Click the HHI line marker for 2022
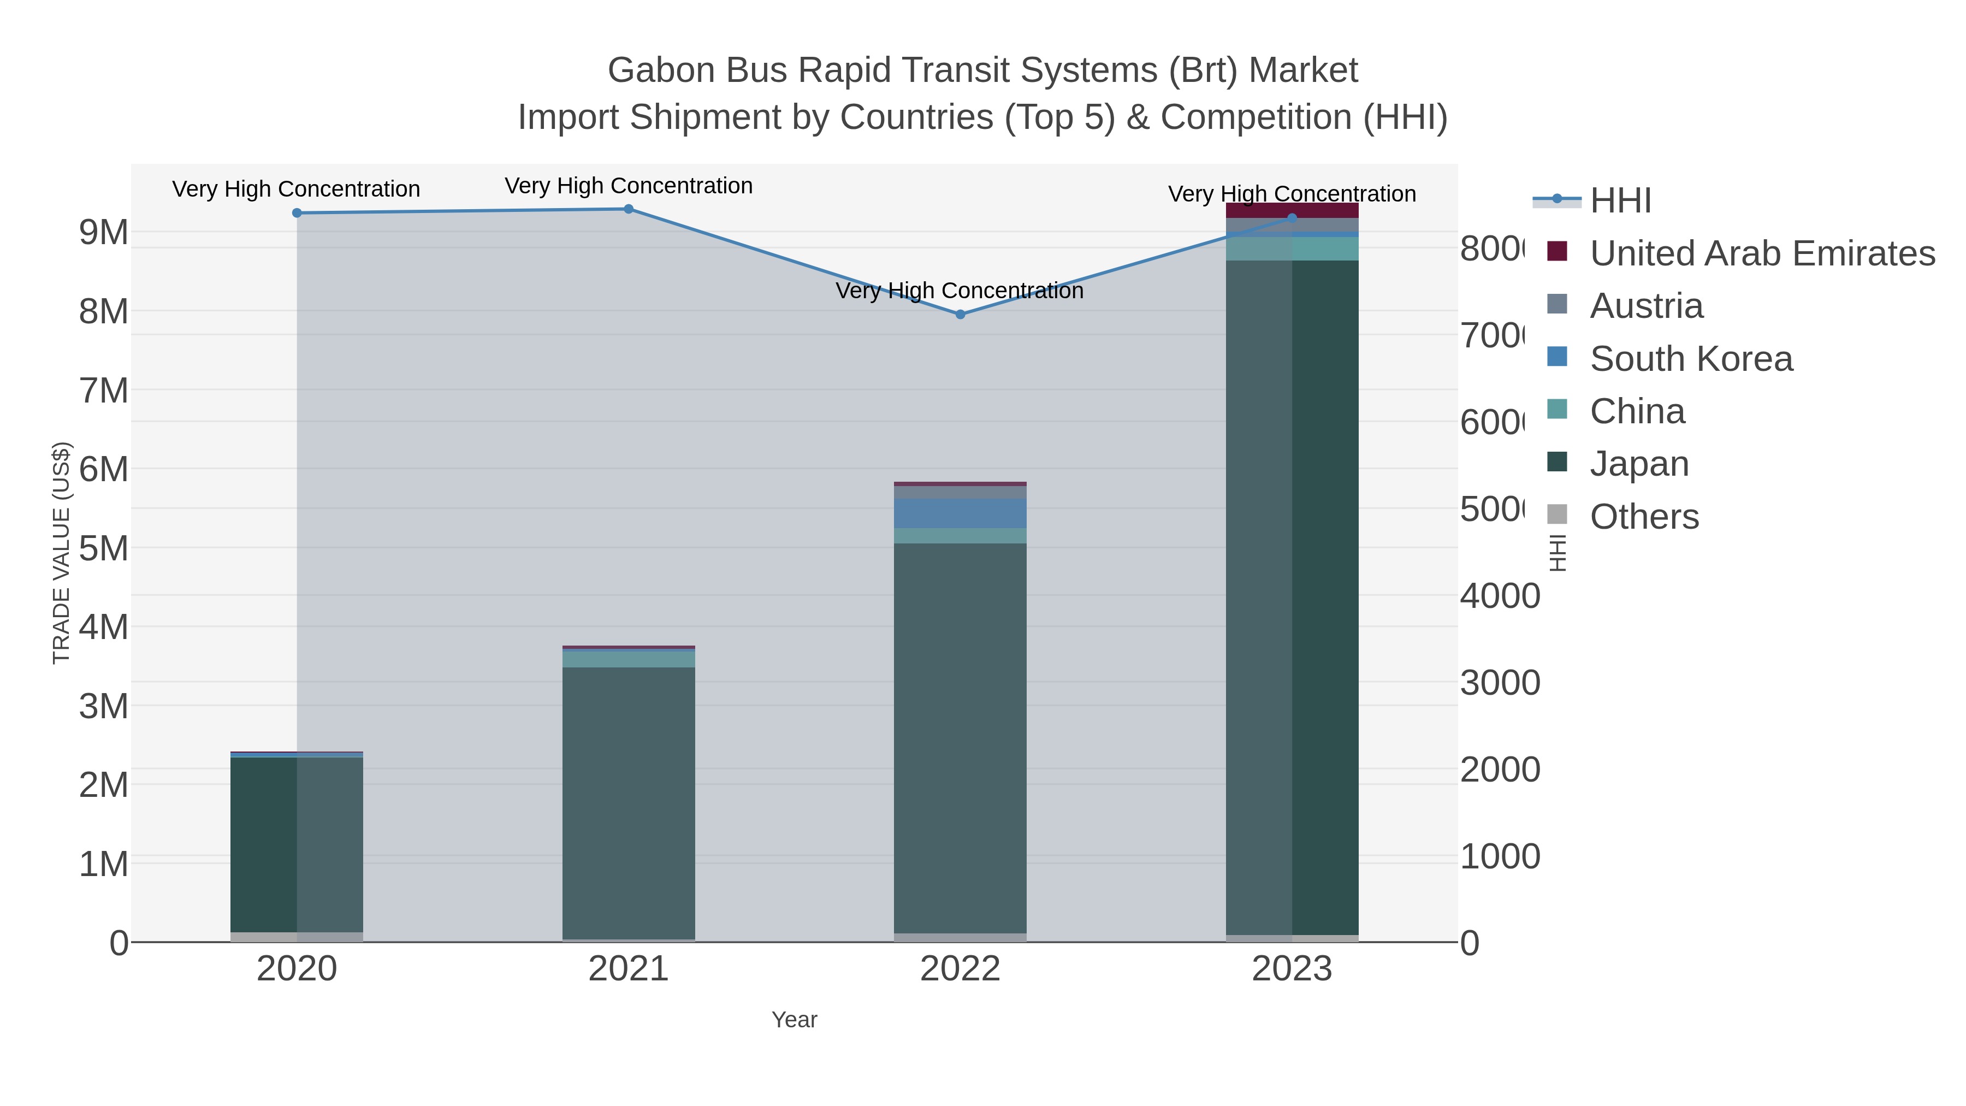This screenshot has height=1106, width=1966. tap(960, 315)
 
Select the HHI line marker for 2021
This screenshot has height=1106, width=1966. tap(628, 209)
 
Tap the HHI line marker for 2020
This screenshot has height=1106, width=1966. tap(297, 213)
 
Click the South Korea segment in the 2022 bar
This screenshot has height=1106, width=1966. tap(960, 514)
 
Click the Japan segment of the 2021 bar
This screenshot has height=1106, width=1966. tap(628, 801)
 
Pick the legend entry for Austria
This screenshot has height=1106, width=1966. tap(1646, 306)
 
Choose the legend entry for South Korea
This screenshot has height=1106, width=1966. tap(1690, 359)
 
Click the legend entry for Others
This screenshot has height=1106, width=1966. tap(1644, 517)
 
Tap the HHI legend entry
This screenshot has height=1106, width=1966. tap(1620, 201)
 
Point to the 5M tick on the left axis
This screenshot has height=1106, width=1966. tap(104, 548)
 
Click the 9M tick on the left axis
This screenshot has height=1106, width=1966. tap(104, 232)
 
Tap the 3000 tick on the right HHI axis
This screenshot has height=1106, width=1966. tap(1500, 683)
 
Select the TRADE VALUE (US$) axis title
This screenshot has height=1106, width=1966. tap(61, 553)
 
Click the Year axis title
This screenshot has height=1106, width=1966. tap(793, 1020)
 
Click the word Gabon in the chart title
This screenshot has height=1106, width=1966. tap(661, 70)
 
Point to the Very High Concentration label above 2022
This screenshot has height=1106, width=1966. tap(960, 291)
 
